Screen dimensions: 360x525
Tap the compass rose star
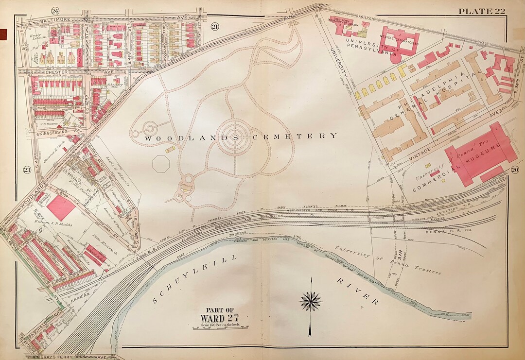click(311, 301)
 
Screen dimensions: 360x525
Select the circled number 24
click(55, 11)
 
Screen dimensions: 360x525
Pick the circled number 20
click(515, 170)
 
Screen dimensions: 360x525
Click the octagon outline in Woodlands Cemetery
click(161, 164)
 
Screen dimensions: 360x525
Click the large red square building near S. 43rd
click(61, 207)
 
